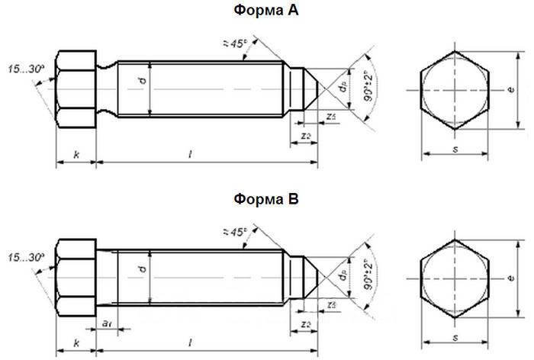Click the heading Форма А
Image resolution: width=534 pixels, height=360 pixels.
[x=266, y=11]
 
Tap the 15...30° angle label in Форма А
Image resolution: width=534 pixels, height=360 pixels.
[x=27, y=69]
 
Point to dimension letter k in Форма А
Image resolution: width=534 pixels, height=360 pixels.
[x=76, y=155]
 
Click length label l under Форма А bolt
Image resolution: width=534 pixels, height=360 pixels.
[x=190, y=155]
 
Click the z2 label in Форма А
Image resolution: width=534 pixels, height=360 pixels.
[x=304, y=135]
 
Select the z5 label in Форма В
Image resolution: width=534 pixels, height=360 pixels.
[x=330, y=304]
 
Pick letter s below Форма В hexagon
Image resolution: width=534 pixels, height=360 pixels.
[x=455, y=336]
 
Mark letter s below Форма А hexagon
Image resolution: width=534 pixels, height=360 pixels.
[x=455, y=148]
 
